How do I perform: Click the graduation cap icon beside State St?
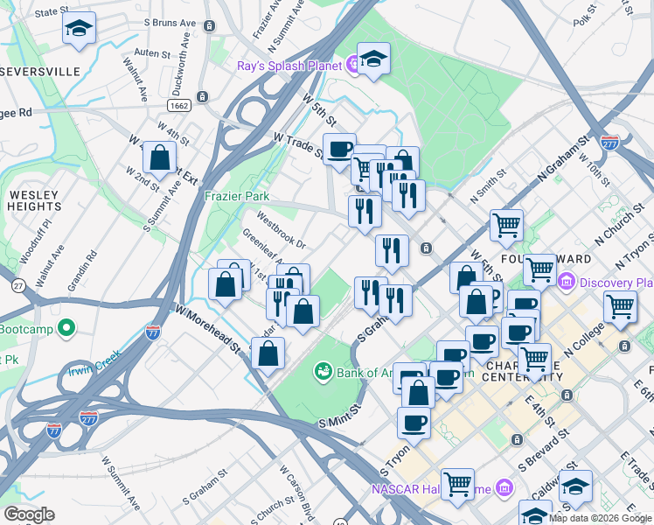(80, 29)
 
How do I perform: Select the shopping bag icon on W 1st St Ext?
(159, 158)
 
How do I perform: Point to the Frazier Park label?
(237, 197)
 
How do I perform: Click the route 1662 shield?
(180, 104)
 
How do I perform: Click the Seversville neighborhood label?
(40, 70)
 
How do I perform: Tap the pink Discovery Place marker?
(566, 282)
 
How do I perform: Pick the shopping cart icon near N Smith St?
(506, 225)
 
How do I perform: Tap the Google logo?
(29, 514)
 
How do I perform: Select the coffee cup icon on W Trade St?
(339, 149)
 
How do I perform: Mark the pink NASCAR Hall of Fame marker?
(504, 486)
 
